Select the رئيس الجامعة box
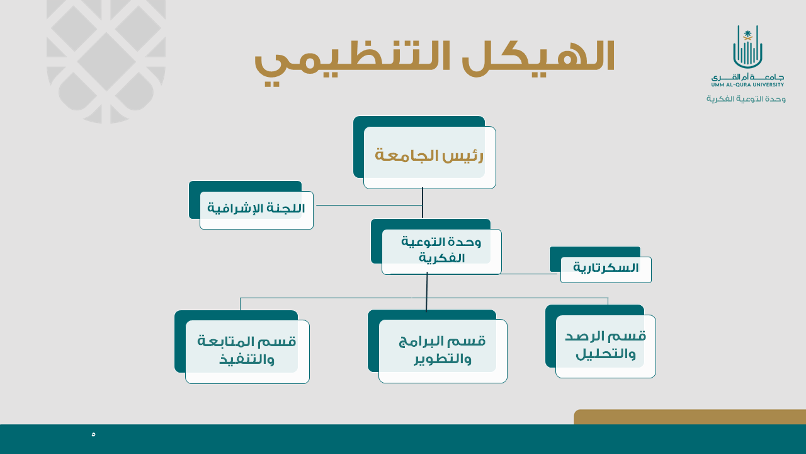pos(424,153)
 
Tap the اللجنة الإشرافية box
pos(251,205)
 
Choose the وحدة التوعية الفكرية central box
pos(436,247)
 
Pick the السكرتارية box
pos(601,265)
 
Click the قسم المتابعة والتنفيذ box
pos(242,347)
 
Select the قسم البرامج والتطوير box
pos(438,346)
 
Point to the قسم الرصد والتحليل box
pos(601,342)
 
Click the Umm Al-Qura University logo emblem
pos(747,47)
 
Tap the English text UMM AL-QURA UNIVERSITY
pos(747,84)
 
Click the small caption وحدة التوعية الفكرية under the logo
pos(746,99)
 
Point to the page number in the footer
pos(94,434)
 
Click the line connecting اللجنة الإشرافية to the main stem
pos(369,206)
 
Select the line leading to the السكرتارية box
pos(530,274)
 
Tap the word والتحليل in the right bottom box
pos(606,354)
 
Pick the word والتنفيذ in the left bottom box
pos(247,359)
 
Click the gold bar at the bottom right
pos(690,417)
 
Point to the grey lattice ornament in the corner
pos(106,62)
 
